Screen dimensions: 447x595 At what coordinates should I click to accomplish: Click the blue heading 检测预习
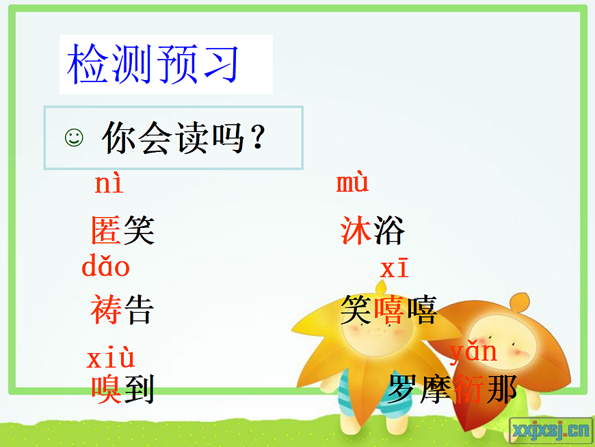coord(154,64)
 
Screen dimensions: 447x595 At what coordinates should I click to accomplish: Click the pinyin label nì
coord(109,184)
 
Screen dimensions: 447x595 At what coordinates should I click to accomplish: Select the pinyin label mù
coord(352,183)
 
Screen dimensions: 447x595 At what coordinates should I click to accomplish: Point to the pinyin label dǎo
coord(105,266)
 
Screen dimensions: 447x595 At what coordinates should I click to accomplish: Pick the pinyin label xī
coord(394,268)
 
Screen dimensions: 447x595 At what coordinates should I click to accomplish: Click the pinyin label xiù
coord(110,358)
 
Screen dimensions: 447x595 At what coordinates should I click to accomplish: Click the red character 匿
coord(106,231)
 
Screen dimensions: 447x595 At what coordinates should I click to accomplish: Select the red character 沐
coord(356,231)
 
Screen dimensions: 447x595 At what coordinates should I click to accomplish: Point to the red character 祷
coord(106,310)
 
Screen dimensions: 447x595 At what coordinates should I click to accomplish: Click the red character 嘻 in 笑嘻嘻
coord(388,310)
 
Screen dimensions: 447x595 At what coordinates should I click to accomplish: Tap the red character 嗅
coord(107,389)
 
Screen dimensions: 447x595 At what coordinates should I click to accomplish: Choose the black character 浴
coord(389,231)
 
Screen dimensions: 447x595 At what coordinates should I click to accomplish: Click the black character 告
coord(139,310)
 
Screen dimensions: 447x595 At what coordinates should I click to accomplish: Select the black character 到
coord(139,389)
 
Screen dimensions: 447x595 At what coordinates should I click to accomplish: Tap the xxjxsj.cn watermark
coord(550,430)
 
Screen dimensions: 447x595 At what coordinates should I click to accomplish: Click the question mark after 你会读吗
coord(257,138)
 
